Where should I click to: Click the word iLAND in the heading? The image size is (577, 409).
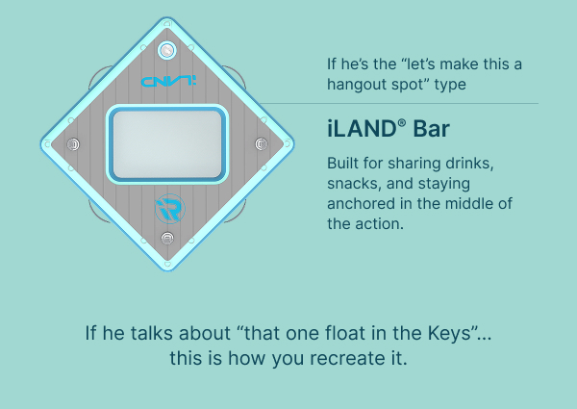click(362, 129)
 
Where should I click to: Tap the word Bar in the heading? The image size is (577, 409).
click(431, 129)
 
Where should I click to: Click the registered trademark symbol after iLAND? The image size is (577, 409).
click(401, 123)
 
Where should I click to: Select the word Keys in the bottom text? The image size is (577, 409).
click(449, 333)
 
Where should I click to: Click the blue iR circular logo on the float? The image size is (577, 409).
click(169, 209)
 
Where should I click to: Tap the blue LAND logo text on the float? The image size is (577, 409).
click(168, 81)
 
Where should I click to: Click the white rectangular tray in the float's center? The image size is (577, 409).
click(167, 144)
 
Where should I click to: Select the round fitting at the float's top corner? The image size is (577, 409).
click(166, 50)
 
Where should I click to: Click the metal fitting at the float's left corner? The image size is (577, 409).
click(73, 144)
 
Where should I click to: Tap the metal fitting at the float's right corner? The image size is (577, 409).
click(262, 143)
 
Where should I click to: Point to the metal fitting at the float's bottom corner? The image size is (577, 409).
click(167, 239)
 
